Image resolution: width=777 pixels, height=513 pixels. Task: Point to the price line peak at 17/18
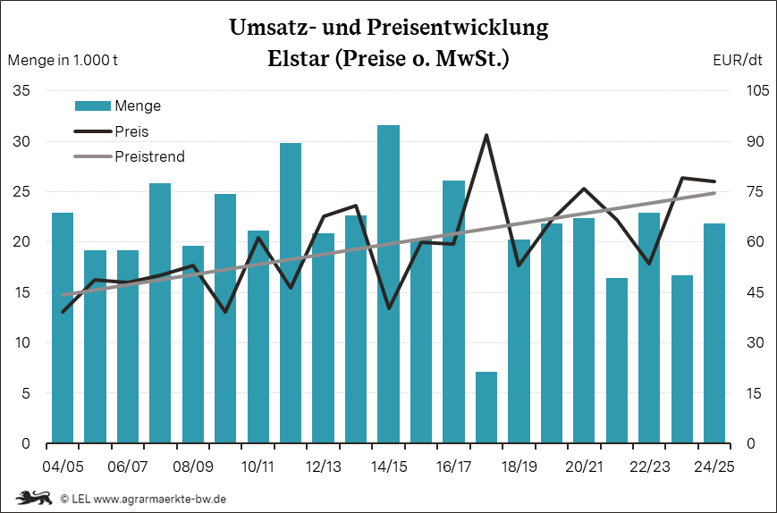486,136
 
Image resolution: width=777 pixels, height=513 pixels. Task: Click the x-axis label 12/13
323,467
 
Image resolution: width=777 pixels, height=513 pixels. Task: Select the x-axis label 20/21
583,467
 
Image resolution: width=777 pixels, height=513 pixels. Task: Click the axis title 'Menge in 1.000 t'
63,61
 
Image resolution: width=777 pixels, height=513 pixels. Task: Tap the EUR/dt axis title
738,61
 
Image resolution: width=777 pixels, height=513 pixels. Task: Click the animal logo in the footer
33,497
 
